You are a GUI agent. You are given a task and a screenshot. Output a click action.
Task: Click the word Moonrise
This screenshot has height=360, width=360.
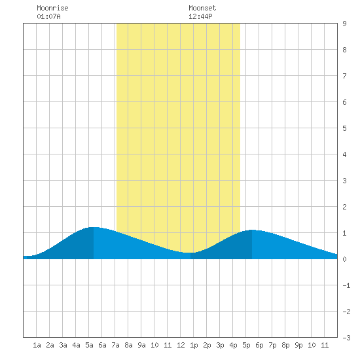[x=52, y=8]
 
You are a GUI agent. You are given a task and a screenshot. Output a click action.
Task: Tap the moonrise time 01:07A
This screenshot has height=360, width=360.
[x=48, y=16]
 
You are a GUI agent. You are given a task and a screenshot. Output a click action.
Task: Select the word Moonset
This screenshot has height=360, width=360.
[x=202, y=8]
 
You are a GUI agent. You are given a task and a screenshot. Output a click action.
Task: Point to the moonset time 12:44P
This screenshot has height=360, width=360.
[x=200, y=16]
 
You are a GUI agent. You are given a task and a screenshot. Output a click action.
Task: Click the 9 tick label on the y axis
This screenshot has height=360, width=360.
[x=344, y=24]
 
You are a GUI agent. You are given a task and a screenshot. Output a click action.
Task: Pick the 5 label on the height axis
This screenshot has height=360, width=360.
[x=344, y=128]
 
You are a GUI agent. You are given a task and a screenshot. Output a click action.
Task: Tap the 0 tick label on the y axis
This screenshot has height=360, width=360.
[x=344, y=259]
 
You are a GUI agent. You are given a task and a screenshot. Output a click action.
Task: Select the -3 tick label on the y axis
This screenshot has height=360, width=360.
[x=346, y=338]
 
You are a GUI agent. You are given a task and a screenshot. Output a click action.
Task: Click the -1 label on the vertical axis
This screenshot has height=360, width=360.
[x=346, y=285]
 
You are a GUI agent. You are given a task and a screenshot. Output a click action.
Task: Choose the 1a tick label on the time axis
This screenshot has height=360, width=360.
[x=37, y=345]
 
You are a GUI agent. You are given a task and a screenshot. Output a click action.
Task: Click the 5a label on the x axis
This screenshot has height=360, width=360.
[x=89, y=345]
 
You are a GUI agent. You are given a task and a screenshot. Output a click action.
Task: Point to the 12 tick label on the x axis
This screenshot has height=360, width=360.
[x=181, y=345]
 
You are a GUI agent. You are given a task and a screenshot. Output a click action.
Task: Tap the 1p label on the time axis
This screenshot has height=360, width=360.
[x=194, y=345]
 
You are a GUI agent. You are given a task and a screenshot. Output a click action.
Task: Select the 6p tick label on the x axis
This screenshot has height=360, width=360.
[x=259, y=345]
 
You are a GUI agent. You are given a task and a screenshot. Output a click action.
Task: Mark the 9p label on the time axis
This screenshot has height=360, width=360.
[x=298, y=345]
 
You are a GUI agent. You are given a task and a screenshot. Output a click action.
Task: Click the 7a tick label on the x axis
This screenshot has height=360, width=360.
[x=115, y=345]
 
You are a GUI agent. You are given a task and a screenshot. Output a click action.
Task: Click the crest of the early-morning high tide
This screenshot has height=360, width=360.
[x=94, y=227]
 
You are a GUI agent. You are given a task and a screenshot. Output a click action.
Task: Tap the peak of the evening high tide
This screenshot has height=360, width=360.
[x=252, y=230]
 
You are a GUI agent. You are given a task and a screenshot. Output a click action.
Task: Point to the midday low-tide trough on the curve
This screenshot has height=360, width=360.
[x=190, y=253]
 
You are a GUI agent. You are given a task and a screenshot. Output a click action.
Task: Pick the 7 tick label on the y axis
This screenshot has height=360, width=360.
[x=344, y=76]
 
